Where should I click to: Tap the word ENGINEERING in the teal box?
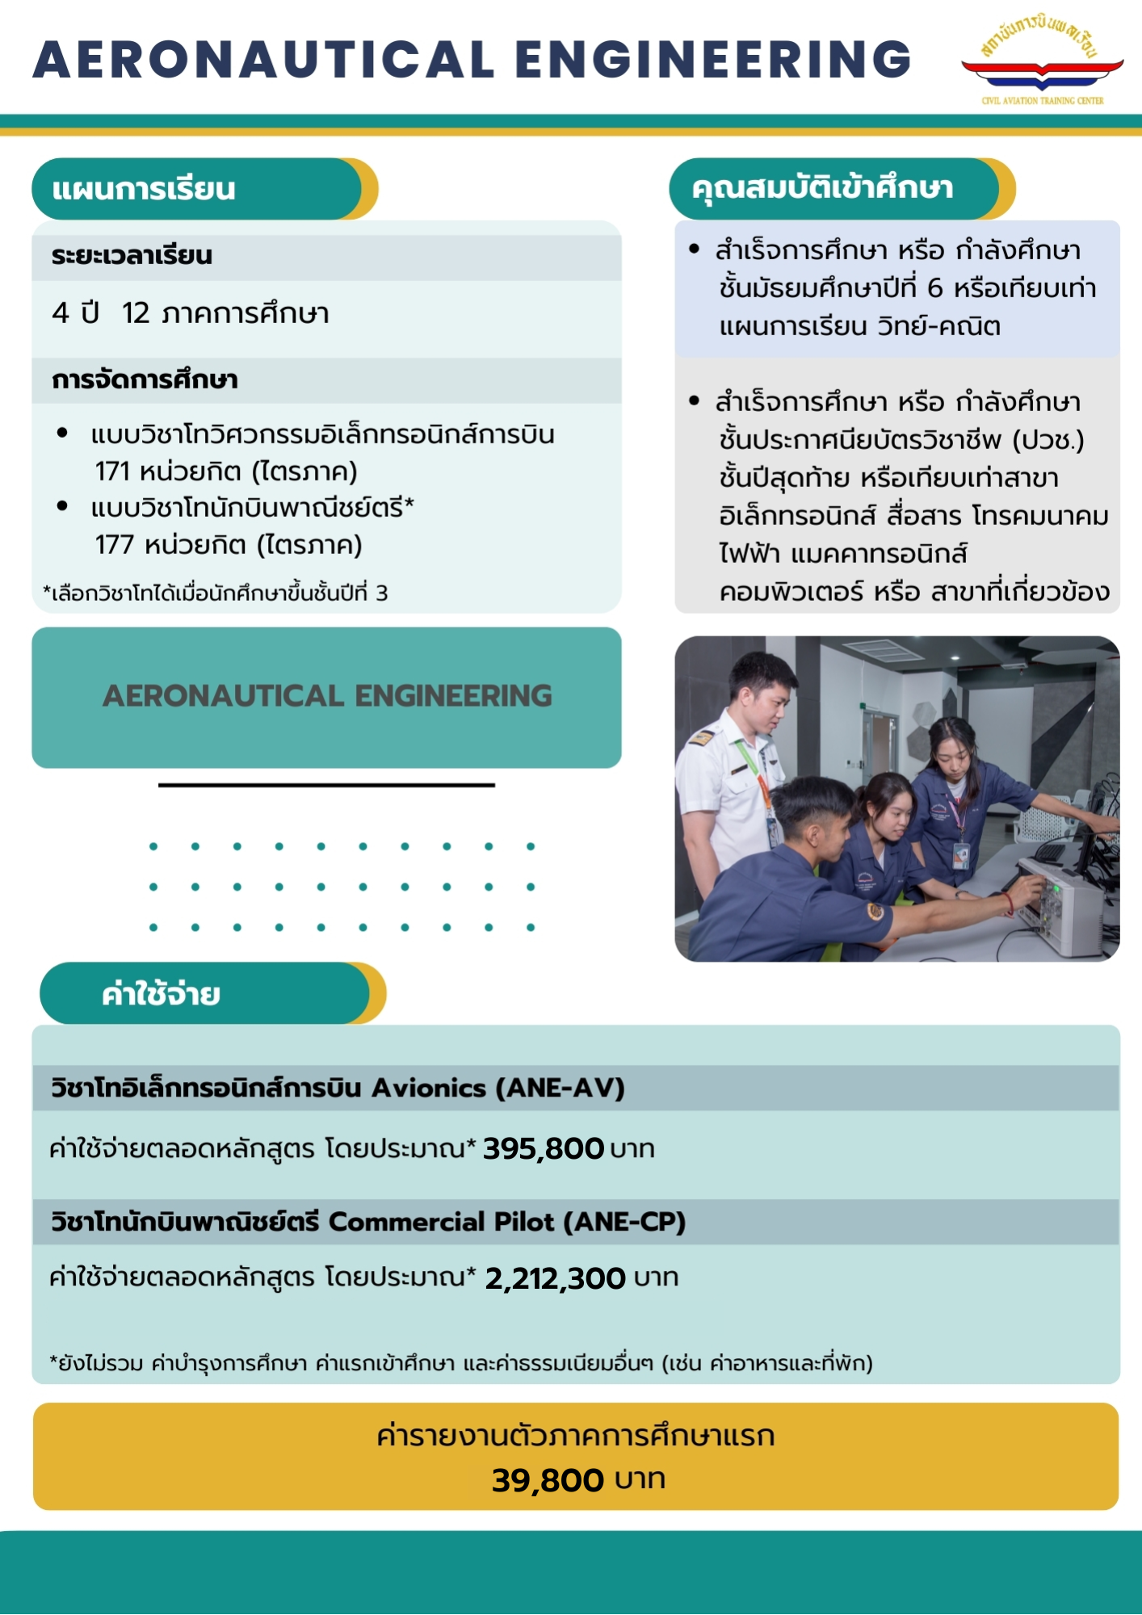click(x=453, y=696)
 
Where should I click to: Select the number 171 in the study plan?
click(x=111, y=471)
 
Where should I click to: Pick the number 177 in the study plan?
click(x=114, y=545)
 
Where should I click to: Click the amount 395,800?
click(x=543, y=1148)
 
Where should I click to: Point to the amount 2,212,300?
click(x=555, y=1278)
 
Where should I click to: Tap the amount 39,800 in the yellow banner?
click(x=548, y=1480)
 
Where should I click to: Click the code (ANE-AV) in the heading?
click(x=560, y=1088)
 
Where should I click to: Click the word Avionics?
click(x=428, y=1088)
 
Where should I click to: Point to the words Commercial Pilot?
click(x=441, y=1222)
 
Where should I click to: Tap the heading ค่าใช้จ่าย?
click(x=161, y=994)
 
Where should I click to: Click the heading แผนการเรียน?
click(x=144, y=189)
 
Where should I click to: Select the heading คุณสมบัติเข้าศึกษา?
click(x=822, y=188)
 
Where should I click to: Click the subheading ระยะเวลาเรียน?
click(x=132, y=256)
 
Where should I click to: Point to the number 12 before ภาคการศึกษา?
click(x=136, y=313)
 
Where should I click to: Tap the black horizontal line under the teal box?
click(x=326, y=785)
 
